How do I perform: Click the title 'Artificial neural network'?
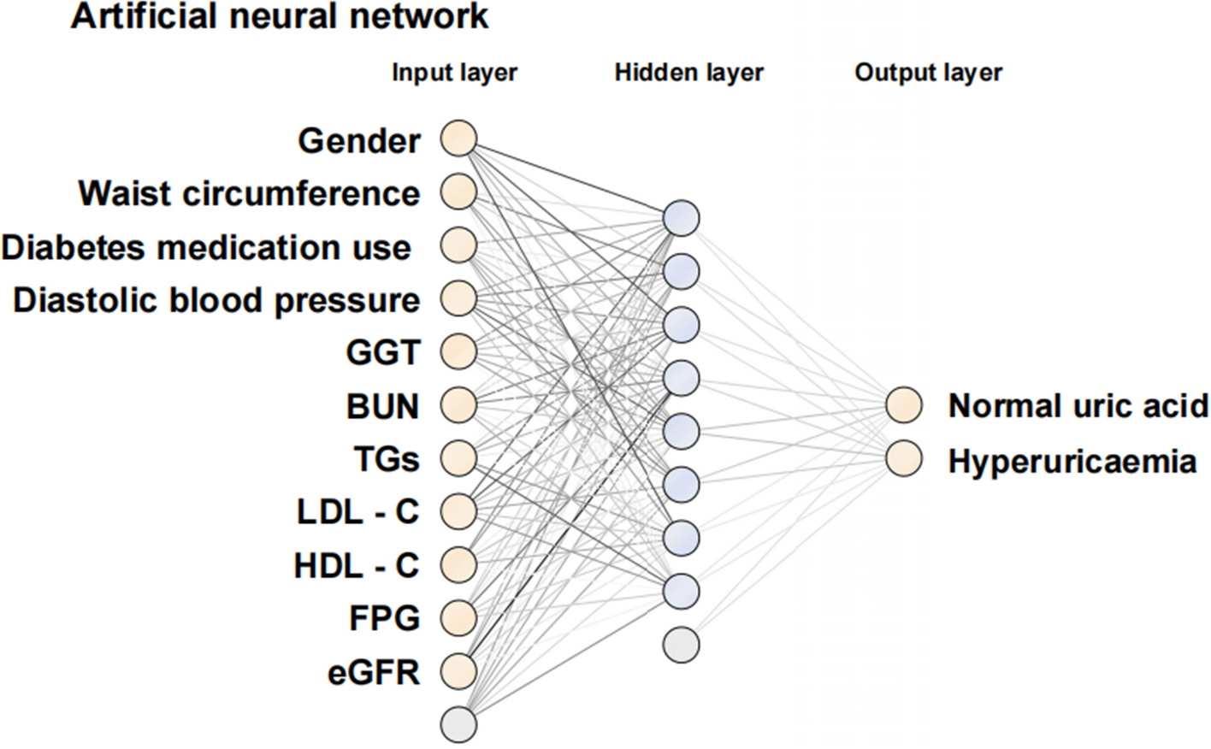[x=280, y=17]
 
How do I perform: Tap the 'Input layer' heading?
[x=454, y=73]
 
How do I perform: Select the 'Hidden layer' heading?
[x=688, y=73]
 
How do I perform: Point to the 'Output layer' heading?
[x=928, y=73]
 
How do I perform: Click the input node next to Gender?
[x=458, y=139]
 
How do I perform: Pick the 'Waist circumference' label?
[x=249, y=193]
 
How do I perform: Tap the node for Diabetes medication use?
[x=458, y=245]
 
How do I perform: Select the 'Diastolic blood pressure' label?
[x=216, y=300]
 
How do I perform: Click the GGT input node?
[x=458, y=351]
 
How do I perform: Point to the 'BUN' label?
[x=382, y=407]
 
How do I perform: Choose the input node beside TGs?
[x=458, y=458]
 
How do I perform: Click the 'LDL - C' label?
[x=357, y=512]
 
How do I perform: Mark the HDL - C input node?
[x=458, y=564]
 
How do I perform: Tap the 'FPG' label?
[x=384, y=617]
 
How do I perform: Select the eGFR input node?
[x=458, y=671]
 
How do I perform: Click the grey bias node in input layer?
[x=458, y=723]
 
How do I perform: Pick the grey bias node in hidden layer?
[x=681, y=644]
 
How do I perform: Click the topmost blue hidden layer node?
[x=681, y=218]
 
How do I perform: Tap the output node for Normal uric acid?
[x=904, y=405]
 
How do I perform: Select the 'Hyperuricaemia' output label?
[x=1072, y=462]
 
